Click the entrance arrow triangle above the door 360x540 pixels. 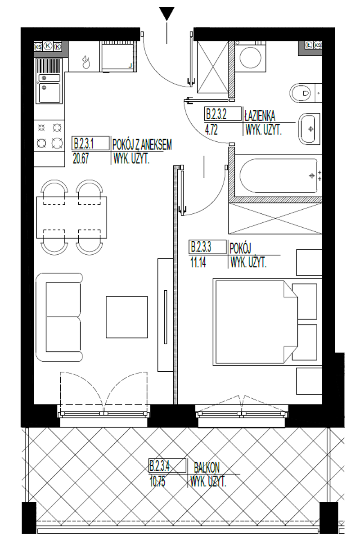tap(166, 13)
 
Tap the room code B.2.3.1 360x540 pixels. tap(84, 144)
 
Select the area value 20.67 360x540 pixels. tap(81, 158)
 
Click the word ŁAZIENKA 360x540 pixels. tap(260, 116)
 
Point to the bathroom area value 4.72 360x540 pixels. tap(211, 130)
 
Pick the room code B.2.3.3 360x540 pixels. tap(201, 247)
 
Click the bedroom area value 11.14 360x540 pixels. tap(198, 262)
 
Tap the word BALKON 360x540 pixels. tap(207, 468)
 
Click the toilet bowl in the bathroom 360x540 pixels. tap(301, 93)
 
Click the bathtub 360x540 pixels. tap(279, 176)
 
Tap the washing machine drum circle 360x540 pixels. tap(251, 58)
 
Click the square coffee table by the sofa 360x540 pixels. tap(127, 317)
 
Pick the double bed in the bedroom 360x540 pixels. tap(267, 322)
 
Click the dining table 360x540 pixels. tap(72, 217)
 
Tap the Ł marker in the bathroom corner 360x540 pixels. tap(309, 45)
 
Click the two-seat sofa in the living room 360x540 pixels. tap(59, 317)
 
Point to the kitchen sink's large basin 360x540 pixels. tap(49, 93)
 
